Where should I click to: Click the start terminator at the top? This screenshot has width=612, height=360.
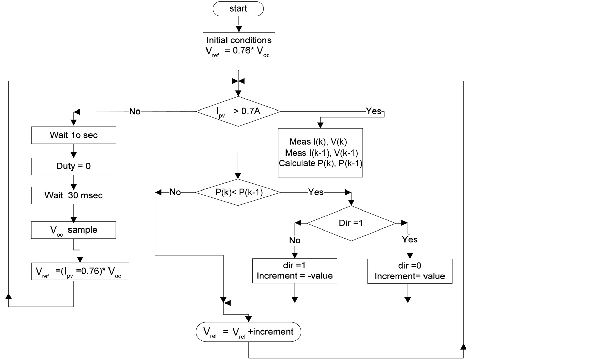pos(238,9)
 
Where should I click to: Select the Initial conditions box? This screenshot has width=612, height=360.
pos(239,46)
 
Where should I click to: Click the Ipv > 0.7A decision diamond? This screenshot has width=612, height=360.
pos(238,111)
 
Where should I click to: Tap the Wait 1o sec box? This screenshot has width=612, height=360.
pos(73,135)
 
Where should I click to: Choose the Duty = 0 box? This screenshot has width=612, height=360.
pos(73,166)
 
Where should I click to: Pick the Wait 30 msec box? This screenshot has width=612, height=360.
pos(73,196)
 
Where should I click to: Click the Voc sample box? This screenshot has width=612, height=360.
pos(73,230)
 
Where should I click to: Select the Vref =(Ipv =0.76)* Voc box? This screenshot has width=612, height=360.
pos(80,272)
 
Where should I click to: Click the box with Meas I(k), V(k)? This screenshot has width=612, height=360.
pos(320,153)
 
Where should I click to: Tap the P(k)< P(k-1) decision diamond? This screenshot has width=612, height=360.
pos(238,192)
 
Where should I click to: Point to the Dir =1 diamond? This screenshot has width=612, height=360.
pos(351,223)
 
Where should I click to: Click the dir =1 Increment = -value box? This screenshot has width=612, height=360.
pos(295,271)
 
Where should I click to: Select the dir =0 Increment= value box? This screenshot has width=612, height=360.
pos(410,272)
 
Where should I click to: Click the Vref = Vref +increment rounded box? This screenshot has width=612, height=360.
pos(248,332)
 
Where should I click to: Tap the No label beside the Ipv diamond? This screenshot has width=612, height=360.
pos(135,112)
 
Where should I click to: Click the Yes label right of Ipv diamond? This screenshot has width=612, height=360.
pos(373,111)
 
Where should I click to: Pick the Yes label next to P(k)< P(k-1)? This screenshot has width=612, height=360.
pos(316,192)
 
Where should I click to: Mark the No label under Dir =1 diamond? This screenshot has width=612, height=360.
pos(295,240)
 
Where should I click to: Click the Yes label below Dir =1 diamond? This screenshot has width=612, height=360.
pos(410,240)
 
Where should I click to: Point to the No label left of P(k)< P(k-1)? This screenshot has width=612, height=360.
pos(175,192)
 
